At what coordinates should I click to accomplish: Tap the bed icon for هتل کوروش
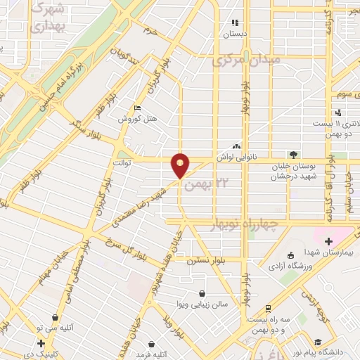tap(139, 108)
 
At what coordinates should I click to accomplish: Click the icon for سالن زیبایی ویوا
tap(202, 293)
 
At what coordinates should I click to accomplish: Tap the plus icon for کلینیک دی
tap(41, 344)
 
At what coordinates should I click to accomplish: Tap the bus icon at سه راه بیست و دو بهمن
tap(268, 309)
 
